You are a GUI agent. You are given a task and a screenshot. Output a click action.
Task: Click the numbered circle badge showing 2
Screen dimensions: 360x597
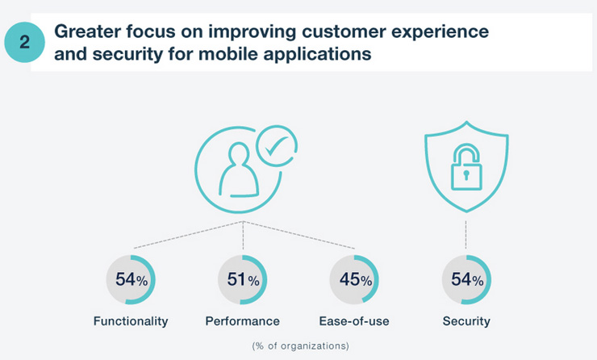24,43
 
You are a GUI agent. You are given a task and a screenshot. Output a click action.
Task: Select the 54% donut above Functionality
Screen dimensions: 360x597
131,280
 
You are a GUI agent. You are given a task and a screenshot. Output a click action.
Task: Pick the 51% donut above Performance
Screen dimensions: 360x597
243,280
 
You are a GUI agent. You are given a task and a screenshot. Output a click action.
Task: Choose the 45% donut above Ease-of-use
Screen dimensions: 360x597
355,280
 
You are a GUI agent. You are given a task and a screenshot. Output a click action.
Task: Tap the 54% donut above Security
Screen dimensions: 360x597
466,280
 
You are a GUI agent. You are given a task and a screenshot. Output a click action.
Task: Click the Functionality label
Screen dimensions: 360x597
131,321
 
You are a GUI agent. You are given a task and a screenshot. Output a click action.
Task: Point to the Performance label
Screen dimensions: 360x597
243,321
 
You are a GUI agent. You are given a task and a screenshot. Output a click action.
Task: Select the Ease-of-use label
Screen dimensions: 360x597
355,321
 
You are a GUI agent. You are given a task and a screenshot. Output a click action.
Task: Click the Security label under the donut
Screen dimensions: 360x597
466,321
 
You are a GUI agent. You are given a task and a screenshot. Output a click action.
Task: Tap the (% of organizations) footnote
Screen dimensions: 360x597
300,345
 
